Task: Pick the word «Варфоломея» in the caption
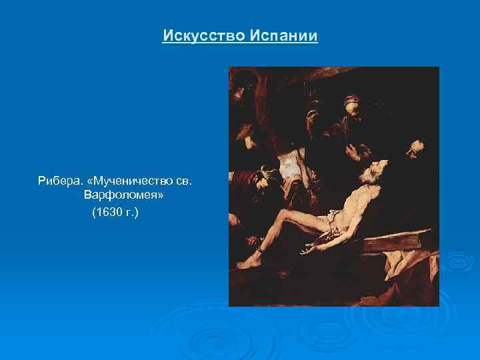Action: click(124, 197)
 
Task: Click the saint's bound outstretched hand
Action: click(308, 250)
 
